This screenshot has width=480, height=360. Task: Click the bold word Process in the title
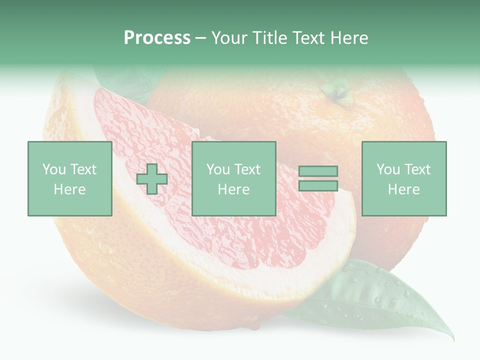point(157,38)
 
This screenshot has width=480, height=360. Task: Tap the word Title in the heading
point(267,38)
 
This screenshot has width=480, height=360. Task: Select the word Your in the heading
point(229,38)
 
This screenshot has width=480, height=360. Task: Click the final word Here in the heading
point(350,38)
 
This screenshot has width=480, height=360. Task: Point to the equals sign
point(318,178)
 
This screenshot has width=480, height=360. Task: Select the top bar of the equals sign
point(318,171)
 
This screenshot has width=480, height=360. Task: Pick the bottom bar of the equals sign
point(318,185)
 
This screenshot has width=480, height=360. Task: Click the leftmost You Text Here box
point(69,178)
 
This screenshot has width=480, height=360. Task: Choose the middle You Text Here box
point(233,178)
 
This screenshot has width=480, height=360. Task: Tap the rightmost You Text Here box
point(403,178)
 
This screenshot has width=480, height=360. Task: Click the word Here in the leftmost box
point(69,189)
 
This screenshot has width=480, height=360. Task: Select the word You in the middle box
point(218,169)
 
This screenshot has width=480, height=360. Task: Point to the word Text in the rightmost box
point(417,169)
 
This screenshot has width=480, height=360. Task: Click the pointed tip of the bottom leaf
point(452,338)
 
